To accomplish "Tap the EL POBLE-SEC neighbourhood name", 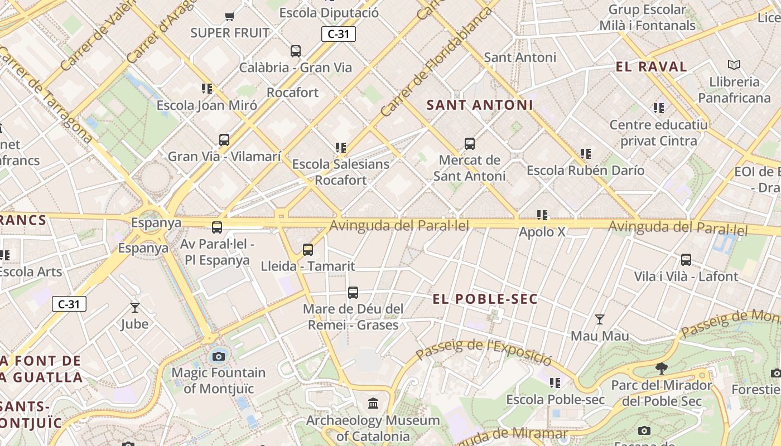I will pyautogui.click(x=485, y=299).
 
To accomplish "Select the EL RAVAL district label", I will pyautogui.click(x=651, y=67).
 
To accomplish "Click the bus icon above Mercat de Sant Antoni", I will pyautogui.click(x=470, y=144).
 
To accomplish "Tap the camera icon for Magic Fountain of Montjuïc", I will pyautogui.click(x=219, y=356).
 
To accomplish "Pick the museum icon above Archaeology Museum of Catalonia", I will pyautogui.click(x=373, y=403).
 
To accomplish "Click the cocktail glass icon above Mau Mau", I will pyautogui.click(x=600, y=319).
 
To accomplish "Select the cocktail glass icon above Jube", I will pyautogui.click(x=134, y=307).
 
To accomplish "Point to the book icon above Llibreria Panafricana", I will pyautogui.click(x=734, y=65).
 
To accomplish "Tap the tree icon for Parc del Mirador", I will pyautogui.click(x=662, y=368).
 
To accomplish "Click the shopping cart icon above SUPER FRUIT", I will pyautogui.click(x=229, y=16).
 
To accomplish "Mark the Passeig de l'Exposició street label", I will pyautogui.click(x=484, y=352).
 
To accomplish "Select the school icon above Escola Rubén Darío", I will pyautogui.click(x=585, y=153).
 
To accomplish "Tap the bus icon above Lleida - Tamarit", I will pyautogui.click(x=308, y=250).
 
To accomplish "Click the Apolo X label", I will pyautogui.click(x=542, y=232).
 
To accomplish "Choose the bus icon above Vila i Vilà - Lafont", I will pyautogui.click(x=686, y=260).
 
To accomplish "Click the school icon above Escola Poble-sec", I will pyautogui.click(x=555, y=383).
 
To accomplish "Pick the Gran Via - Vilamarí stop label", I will pyautogui.click(x=224, y=157).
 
